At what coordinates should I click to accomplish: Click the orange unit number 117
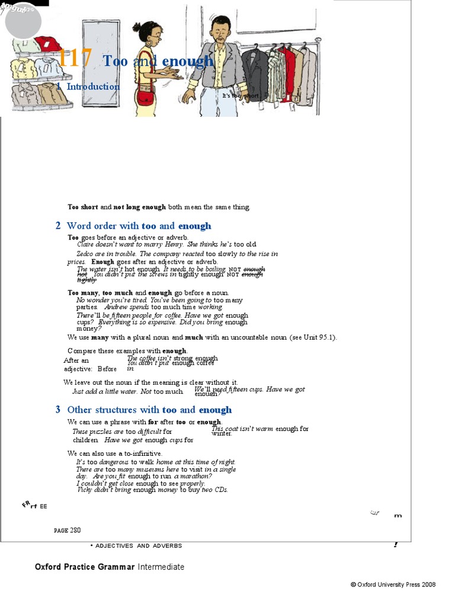click(x=75, y=59)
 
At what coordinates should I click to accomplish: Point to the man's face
click(x=220, y=30)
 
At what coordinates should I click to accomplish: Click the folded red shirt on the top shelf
click(x=47, y=44)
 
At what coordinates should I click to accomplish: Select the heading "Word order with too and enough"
click(x=139, y=226)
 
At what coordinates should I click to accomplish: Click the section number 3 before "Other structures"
click(x=58, y=410)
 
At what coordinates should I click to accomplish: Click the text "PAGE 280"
click(x=67, y=530)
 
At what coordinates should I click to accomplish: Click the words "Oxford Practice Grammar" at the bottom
click(x=85, y=567)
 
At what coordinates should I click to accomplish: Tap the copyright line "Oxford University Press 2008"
click(x=396, y=584)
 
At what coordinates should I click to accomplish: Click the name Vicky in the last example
click(x=85, y=490)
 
